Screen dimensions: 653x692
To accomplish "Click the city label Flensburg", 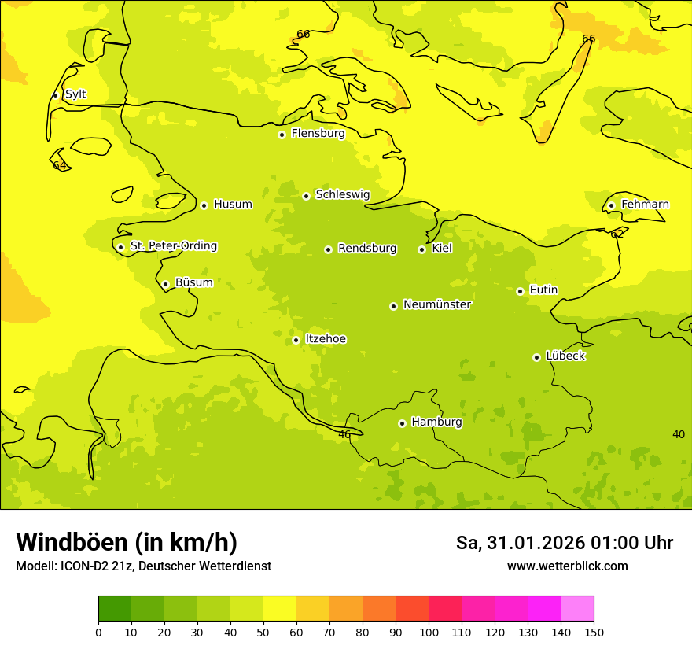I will [x=318, y=134].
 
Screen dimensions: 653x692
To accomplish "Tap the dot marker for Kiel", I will [x=421, y=249].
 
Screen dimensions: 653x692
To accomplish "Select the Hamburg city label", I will [x=436, y=422].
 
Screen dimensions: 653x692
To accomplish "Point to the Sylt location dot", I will [x=55, y=95].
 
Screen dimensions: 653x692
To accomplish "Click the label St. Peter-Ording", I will [x=173, y=246].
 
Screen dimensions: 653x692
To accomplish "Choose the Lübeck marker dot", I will [x=536, y=357].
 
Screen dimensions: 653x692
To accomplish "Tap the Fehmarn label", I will [x=645, y=205].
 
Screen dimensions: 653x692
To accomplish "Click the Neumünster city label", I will [x=436, y=304].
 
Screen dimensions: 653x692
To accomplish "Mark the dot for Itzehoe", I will [x=296, y=340].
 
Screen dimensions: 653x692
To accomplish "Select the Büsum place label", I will [x=193, y=282].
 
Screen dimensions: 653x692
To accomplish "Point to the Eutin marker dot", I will [x=520, y=291].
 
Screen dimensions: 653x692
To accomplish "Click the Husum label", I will [x=233, y=205].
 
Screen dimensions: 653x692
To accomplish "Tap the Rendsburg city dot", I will [x=328, y=249].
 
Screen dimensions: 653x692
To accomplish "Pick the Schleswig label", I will [x=342, y=194].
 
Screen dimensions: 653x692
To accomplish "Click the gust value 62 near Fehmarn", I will [x=617, y=234].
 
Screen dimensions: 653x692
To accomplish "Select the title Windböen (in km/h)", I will [x=127, y=542].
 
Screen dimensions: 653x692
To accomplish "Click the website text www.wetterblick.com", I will [x=567, y=566].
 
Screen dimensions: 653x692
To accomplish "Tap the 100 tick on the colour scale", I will [x=429, y=632].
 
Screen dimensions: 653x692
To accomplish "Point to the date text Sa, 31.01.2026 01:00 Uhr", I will [x=564, y=543].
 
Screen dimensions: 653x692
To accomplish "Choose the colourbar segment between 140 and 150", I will [x=577, y=609].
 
